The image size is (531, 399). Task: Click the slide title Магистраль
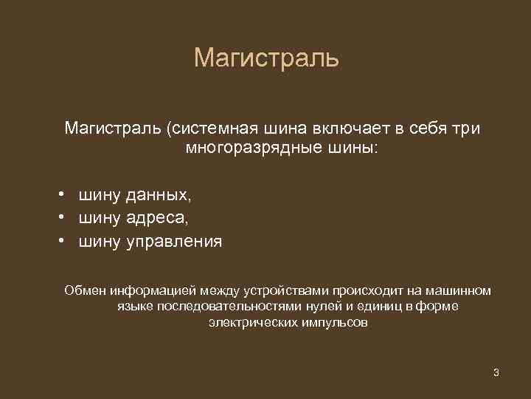point(266,58)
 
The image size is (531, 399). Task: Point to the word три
point(464,129)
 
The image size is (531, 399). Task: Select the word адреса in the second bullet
point(156,219)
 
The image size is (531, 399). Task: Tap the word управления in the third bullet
point(173,242)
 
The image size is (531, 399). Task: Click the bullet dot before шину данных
point(65,195)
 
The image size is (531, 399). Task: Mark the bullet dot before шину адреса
point(65,218)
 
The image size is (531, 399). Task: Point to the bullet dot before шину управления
point(65,241)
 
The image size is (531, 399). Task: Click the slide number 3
point(496,372)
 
